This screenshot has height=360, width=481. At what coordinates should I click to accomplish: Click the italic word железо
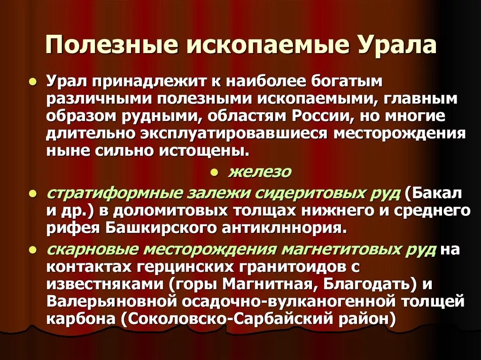coord(260,172)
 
